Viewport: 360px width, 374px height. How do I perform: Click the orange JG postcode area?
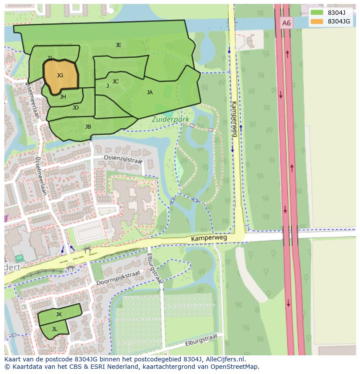click(60, 76)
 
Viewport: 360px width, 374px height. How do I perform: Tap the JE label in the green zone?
click(118, 45)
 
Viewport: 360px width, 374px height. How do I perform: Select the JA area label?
click(150, 92)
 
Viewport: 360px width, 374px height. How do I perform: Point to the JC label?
click(115, 81)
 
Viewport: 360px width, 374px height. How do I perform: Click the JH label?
click(63, 97)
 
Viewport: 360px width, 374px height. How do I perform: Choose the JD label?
click(76, 108)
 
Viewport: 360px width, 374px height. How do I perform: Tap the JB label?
click(88, 127)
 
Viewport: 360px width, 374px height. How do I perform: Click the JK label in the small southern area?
click(59, 314)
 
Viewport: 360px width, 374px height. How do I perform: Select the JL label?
click(54, 329)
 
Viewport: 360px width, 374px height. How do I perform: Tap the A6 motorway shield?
click(286, 23)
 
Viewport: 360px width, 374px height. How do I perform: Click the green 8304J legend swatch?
click(317, 13)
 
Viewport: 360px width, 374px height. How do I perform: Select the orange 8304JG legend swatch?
click(317, 21)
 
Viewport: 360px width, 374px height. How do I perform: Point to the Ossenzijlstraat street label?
click(123, 160)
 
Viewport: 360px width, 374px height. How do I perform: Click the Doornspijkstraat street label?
click(118, 277)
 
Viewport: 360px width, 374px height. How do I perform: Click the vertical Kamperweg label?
click(234, 119)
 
